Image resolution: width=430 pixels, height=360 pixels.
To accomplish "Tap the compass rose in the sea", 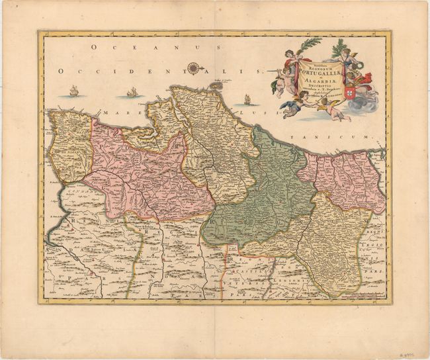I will (194, 67).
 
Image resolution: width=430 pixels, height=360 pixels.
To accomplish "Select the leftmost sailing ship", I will (73, 91).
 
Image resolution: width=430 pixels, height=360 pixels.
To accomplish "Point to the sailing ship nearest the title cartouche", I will (247, 99).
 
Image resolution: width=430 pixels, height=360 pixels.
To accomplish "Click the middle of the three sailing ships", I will (132, 92).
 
